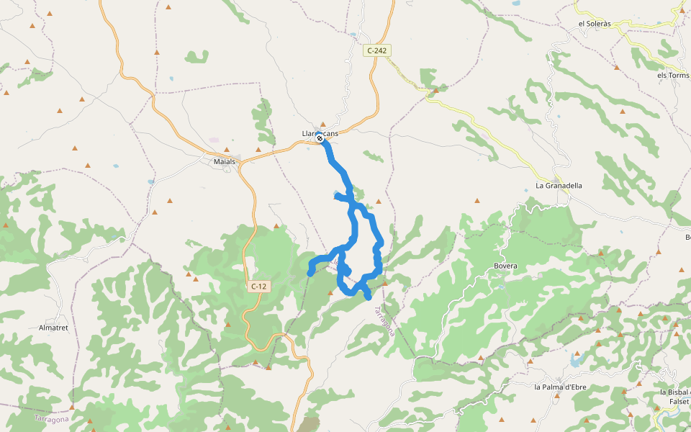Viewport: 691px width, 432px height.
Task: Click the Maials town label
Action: point(225,161)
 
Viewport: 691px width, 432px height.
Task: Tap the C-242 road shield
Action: point(376,50)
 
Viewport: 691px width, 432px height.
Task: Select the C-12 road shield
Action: point(258,287)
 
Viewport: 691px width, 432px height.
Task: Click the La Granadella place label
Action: point(559,186)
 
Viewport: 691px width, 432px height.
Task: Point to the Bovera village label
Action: point(505,266)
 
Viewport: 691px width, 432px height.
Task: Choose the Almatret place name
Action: point(53,328)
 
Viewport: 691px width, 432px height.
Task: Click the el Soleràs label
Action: point(595,24)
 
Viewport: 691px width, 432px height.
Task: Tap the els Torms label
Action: point(672,75)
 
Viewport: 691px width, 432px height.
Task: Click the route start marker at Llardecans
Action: point(320,138)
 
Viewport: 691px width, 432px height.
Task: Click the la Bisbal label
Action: point(674,392)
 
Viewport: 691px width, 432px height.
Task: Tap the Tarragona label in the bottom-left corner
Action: point(52,418)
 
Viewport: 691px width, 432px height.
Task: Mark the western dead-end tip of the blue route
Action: point(310,274)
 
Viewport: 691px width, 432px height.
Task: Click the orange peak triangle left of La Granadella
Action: point(477,201)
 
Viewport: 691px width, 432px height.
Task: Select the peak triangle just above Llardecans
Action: point(322,124)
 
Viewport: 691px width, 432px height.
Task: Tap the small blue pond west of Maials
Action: point(150,182)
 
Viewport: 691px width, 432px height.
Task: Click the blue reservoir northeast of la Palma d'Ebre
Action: point(575,357)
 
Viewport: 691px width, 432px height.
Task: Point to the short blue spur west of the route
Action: point(337,195)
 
